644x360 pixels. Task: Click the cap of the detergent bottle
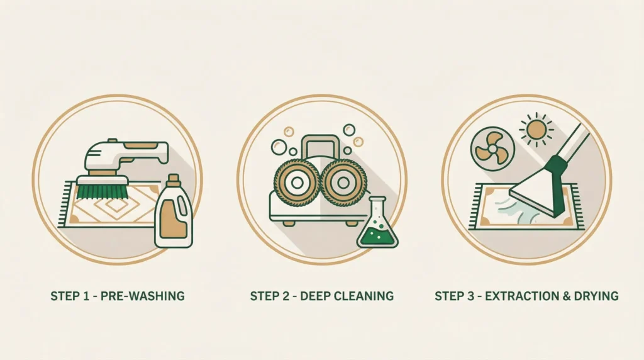click(x=174, y=179)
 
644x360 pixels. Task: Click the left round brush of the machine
click(x=297, y=183)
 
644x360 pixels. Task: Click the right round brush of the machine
click(x=343, y=183)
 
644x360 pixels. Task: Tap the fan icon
click(x=492, y=148)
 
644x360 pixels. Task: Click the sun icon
click(x=536, y=130)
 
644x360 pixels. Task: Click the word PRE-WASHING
click(x=143, y=296)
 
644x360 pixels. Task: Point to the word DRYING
click(x=596, y=296)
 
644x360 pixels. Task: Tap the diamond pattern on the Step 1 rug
click(x=116, y=205)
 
